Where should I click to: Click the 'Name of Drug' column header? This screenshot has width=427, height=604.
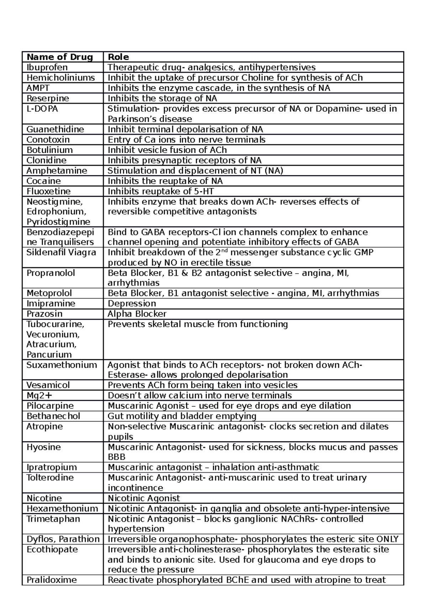pyautogui.click(x=59, y=57)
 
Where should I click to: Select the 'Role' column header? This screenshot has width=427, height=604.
pyautogui.click(x=118, y=57)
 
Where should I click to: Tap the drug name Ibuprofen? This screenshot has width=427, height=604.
pyautogui.click(x=47, y=67)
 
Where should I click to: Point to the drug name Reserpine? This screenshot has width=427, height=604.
pyautogui.click(x=48, y=98)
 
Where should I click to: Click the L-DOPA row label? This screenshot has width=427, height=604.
pyautogui.click(x=42, y=108)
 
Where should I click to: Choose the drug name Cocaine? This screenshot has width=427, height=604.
pyautogui.click(x=43, y=181)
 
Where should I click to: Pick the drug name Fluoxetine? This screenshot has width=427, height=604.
pyautogui.click(x=48, y=191)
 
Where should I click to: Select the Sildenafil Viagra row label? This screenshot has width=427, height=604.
pyautogui.click(x=61, y=253)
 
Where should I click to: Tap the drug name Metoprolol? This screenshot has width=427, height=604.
pyautogui.click(x=49, y=293)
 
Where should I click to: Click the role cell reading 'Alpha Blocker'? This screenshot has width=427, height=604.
pyautogui.click(x=137, y=314)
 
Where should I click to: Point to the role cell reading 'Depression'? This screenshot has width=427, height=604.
pyautogui.click(x=132, y=303)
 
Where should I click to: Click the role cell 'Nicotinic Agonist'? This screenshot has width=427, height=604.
pyautogui.click(x=144, y=498)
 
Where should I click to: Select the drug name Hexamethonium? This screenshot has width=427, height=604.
pyautogui.click(x=62, y=508)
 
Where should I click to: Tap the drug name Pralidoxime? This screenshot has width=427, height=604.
pyautogui.click(x=52, y=580)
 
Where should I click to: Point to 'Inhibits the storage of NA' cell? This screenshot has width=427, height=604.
pyautogui.click(x=162, y=98)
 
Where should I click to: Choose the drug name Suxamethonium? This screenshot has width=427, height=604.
pyautogui.click(x=62, y=365)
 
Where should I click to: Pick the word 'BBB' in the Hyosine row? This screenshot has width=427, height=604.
pyautogui.click(x=117, y=457)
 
